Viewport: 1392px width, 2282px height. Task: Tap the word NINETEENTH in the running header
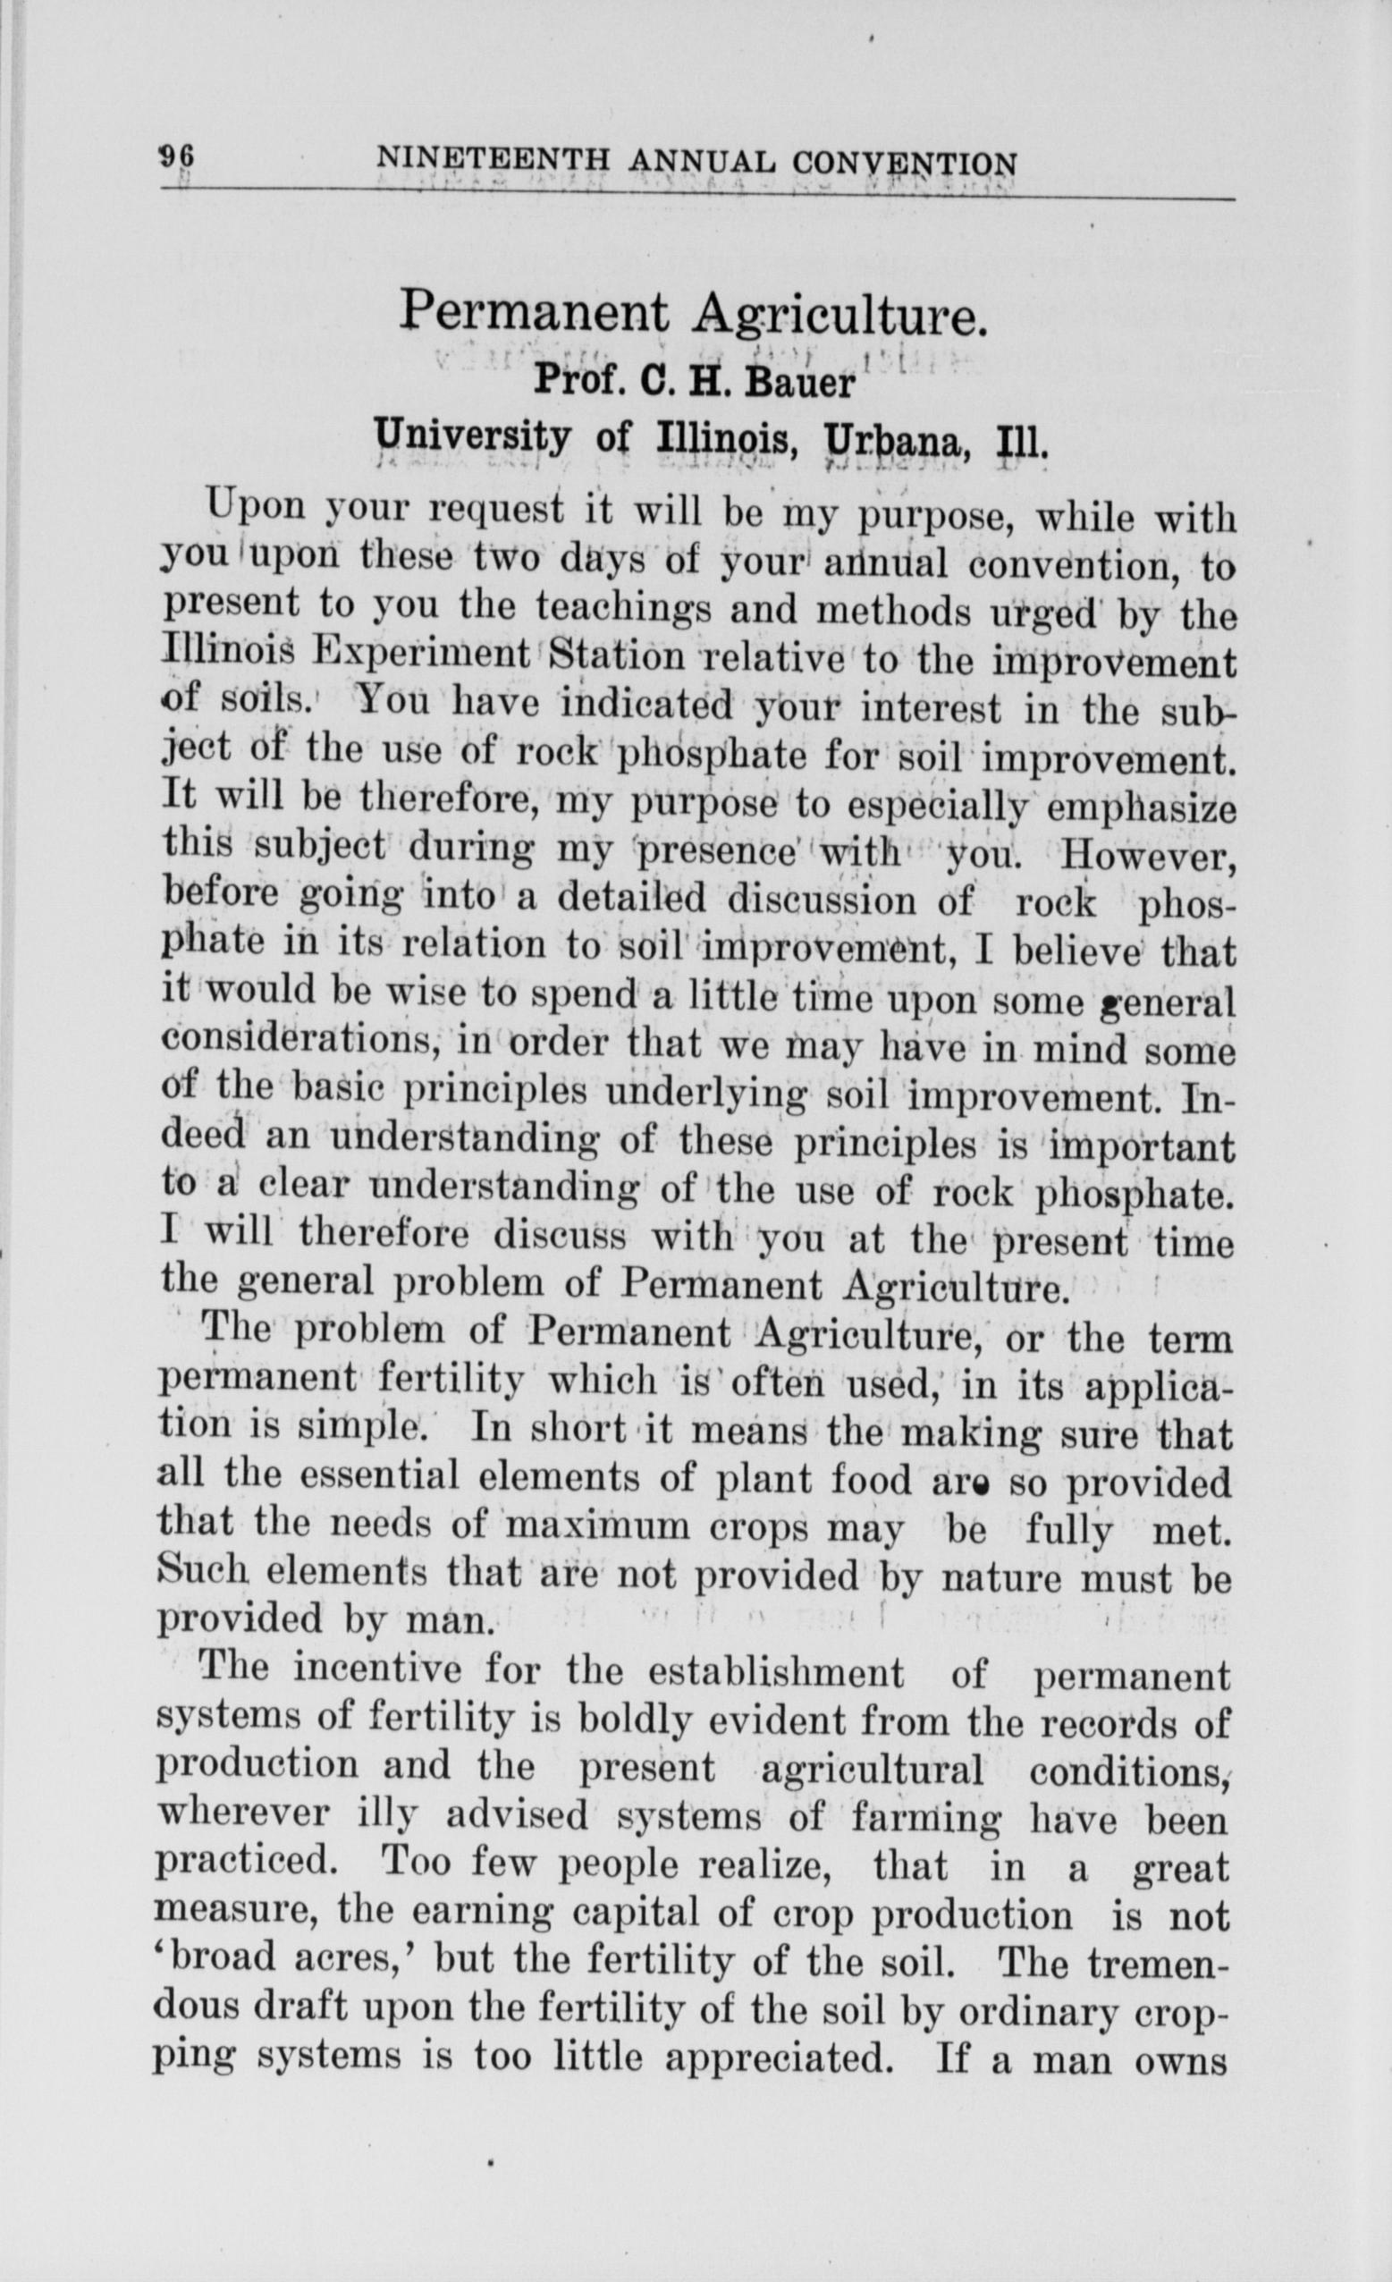coord(493,161)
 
